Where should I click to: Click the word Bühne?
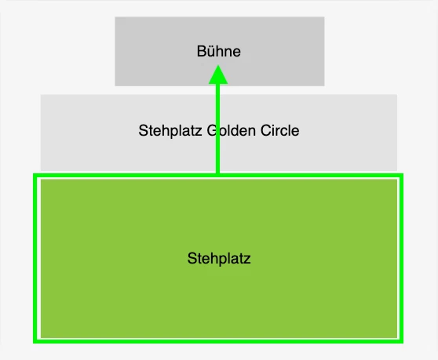pyautogui.click(x=219, y=51)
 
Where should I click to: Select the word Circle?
pyautogui.click(x=279, y=130)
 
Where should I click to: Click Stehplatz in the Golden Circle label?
pyautogui.click(x=170, y=131)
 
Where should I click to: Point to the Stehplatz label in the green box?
pyautogui.click(x=219, y=258)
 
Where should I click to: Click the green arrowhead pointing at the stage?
pyautogui.click(x=218, y=75)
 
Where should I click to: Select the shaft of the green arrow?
pyautogui.click(x=218, y=129)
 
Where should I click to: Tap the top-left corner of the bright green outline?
pyautogui.click(x=35, y=175)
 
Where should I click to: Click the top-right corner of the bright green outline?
pyautogui.click(x=402, y=175)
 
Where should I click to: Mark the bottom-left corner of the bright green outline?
pyautogui.click(x=35, y=342)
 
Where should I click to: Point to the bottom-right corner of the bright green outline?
pyautogui.click(x=402, y=342)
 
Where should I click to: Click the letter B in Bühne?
pyautogui.click(x=202, y=51)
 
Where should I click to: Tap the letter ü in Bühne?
pyautogui.click(x=211, y=51)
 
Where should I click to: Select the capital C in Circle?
pyautogui.click(x=265, y=130)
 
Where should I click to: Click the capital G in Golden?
pyautogui.click(x=212, y=130)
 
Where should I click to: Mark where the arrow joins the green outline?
pyautogui.click(x=218, y=175)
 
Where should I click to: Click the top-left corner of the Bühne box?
pyautogui.click(x=115, y=16)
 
